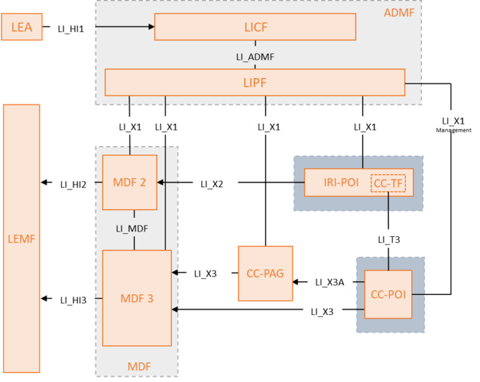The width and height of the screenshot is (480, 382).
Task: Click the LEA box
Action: coord(21,28)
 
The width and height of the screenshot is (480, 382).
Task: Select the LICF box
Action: coord(255,26)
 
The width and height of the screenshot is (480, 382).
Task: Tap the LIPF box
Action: coord(255,82)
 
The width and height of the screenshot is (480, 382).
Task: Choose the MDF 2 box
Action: coord(129,183)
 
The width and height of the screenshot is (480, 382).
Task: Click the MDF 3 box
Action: coord(137,298)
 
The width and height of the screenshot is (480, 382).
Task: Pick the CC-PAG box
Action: coord(265,273)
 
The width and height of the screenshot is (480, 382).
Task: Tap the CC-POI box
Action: coord(388,294)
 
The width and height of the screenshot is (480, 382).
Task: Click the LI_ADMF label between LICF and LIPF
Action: coord(255,56)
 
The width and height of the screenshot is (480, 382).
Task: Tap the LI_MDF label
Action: coord(132,229)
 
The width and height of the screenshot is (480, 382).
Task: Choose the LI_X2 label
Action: coord(212,184)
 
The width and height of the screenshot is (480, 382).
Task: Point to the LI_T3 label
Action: coord(389,239)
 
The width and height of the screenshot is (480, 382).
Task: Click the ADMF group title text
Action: coord(399,12)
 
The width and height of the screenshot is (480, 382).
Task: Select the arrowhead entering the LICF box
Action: coord(151,26)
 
